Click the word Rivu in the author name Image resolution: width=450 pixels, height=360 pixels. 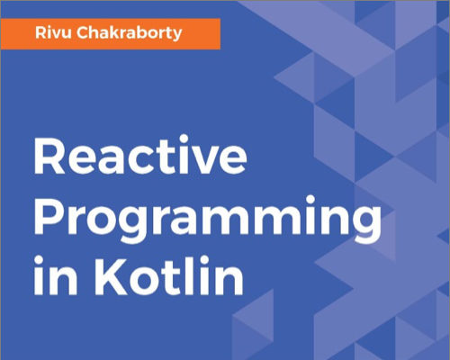(x=53, y=32)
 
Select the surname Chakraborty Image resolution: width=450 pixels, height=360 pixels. (x=130, y=33)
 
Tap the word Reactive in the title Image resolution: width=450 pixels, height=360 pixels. (x=140, y=155)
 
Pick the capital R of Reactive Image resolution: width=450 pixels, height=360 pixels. (x=49, y=156)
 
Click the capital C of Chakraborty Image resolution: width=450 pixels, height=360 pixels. (x=83, y=32)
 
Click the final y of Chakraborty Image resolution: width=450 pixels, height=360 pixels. (x=176, y=36)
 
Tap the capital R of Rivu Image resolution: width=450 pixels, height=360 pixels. (x=40, y=32)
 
